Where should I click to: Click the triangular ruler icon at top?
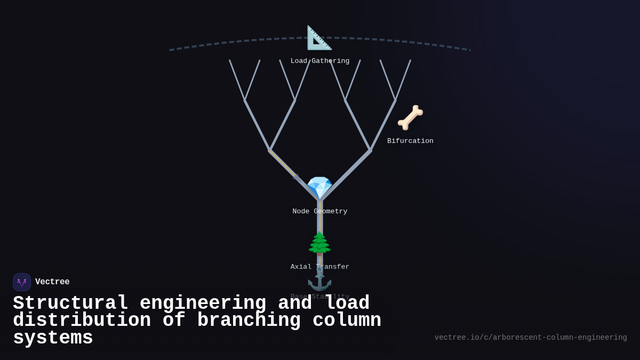[x=319, y=38]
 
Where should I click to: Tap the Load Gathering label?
[x=320, y=61]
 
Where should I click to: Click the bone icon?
[x=410, y=118]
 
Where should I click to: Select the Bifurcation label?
[x=410, y=141]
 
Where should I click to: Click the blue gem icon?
[x=319, y=188]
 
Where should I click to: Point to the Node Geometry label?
[x=320, y=212]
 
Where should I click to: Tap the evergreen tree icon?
[x=319, y=244]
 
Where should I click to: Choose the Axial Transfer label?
[x=320, y=267]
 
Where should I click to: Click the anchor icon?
[x=319, y=279]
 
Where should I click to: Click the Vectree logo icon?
[x=22, y=282]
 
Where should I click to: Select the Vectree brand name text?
[x=52, y=282]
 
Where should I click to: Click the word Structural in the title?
[x=70, y=303]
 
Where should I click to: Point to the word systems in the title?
[x=53, y=338]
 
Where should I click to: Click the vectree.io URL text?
[x=531, y=338]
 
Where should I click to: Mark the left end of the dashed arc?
[x=170, y=50]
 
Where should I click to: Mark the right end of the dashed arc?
[x=470, y=50]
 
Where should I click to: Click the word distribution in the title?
[x=82, y=321]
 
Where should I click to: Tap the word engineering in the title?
[x=203, y=303]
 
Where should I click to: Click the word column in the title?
[x=347, y=321]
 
